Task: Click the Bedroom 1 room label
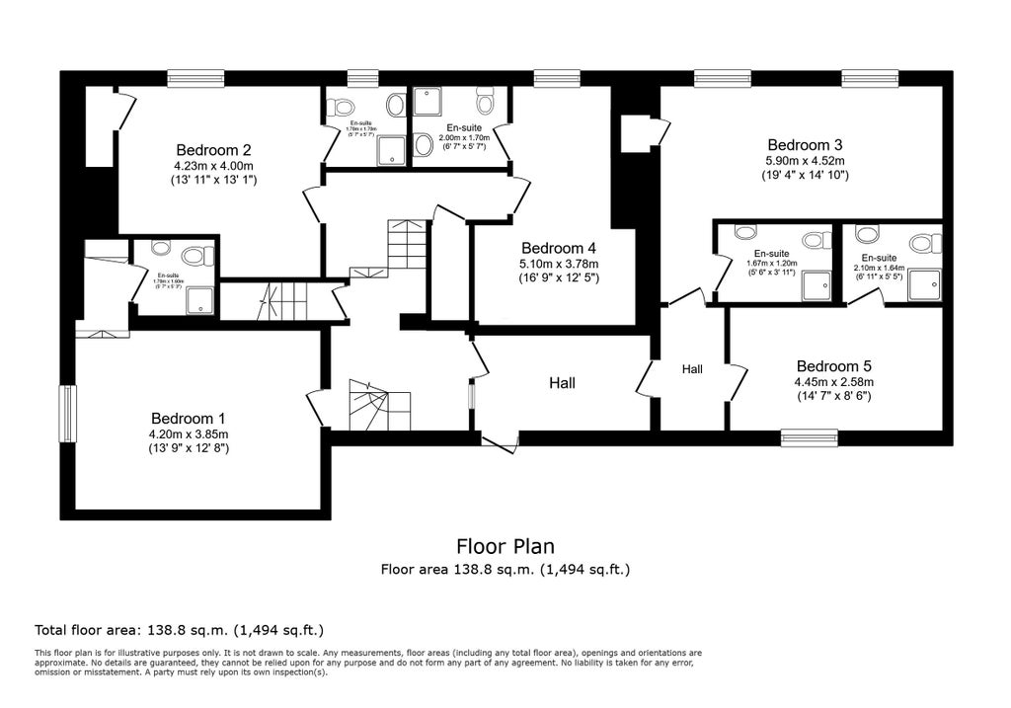(189, 417)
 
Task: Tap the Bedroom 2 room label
(212, 149)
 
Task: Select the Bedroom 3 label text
(805, 143)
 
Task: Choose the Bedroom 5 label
(833, 364)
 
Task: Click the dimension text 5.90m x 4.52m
(805, 160)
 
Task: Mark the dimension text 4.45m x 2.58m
(833, 381)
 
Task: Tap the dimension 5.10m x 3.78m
(559, 265)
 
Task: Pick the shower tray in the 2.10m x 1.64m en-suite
(924, 285)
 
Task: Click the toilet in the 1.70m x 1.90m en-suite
(194, 257)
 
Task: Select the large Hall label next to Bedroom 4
(562, 383)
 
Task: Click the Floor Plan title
(505, 546)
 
